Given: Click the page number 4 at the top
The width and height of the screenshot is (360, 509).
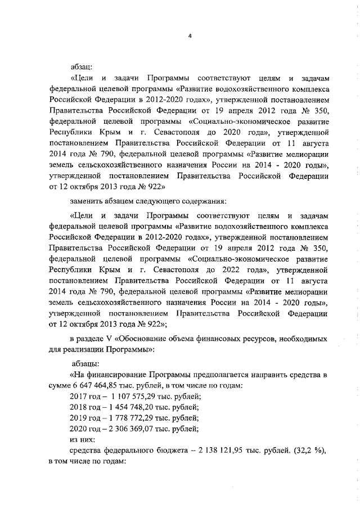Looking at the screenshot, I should (190, 37).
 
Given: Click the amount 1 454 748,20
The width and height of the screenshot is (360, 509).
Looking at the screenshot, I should (124, 408).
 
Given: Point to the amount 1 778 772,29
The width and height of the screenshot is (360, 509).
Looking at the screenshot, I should (124, 419).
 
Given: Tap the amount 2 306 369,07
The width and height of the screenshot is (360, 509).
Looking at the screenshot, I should (124, 430).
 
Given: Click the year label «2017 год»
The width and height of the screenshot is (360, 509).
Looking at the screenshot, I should (83, 397).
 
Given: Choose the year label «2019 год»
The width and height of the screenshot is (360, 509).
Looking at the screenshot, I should (83, 419).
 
